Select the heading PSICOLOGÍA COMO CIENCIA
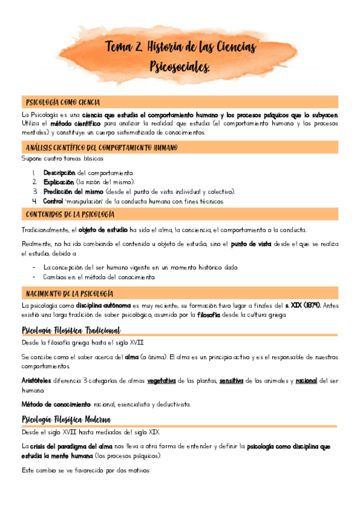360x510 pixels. [63, 102]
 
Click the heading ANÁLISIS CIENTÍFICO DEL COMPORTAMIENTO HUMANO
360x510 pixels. [102, 147]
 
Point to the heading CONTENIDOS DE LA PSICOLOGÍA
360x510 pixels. [70, 214]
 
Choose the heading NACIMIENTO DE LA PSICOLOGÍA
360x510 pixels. [69, 293]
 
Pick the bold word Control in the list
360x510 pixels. [53, 201]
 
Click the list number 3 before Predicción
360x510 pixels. [35, 191]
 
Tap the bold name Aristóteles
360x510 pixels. [40, 381]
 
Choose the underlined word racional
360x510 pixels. [306, 381]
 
